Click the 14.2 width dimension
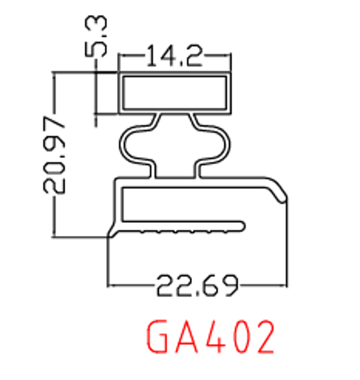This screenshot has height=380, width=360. click(175, 58)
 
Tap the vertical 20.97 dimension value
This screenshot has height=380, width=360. click(54, 155)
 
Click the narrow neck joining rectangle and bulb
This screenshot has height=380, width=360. click(175, 118)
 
